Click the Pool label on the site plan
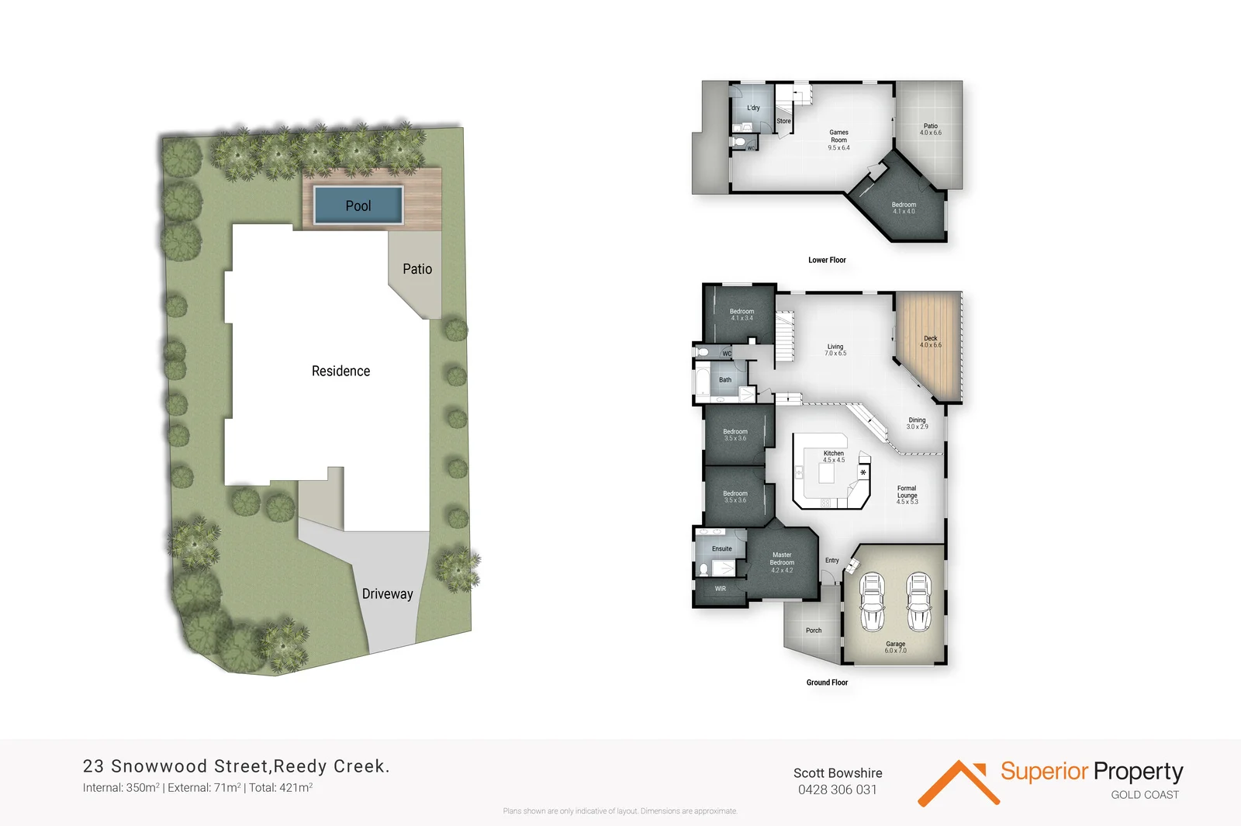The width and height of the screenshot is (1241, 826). click(x=358, y=206)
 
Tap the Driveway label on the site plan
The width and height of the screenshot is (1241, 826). click(x=387, y=594)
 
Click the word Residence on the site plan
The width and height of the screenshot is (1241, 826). click(x=340, y=371)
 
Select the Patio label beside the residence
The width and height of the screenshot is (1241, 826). click(x=417, y=269)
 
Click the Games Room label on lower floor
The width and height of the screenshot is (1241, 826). click(x=838, y=140)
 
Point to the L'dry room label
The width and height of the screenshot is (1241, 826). click(x=753, y=108)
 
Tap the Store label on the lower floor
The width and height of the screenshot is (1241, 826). click(x=784, y=121)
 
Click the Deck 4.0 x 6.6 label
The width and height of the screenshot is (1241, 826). click(x=930, y=341)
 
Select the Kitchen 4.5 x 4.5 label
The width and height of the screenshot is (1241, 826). click(x=834, y=456)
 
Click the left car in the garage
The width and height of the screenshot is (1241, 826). click(x=873, y=602)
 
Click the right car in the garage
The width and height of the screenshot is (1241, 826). click(x=919, y=602)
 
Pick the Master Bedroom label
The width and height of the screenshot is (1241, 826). click(x=782, y=562)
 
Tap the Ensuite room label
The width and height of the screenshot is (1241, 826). click(x=722, y=548)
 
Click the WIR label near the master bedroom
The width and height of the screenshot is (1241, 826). click(x=721, y=589)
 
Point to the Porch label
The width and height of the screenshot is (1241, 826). click(x=814, y=631)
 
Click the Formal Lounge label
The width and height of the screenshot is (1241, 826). click(x=907, y=495)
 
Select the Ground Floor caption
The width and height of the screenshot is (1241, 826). click(x=827, y=683)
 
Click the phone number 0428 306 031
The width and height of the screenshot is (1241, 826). click(x=838, y=790)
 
